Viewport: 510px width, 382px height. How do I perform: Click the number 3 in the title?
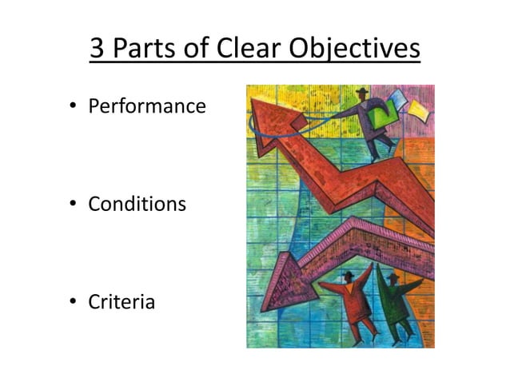point(98,49)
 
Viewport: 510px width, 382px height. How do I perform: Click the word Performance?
point(147,105)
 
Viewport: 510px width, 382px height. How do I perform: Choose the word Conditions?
point(137,204)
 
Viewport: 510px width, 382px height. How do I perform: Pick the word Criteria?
point(122,303)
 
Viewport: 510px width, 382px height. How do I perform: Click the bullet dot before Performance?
point(73,106)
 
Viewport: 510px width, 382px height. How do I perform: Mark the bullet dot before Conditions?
point(73,205)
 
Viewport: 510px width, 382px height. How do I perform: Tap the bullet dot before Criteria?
point(73,304)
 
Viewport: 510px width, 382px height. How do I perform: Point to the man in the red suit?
point(352,300)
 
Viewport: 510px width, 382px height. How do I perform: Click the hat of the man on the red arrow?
point(363,92)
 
